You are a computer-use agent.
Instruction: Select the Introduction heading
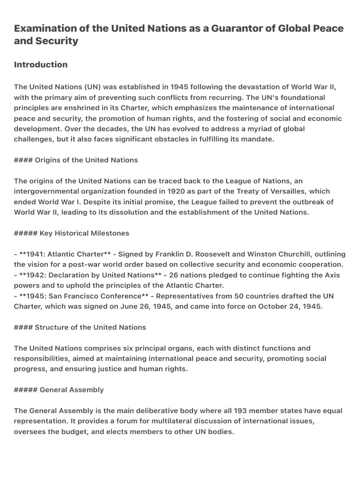point(41,65)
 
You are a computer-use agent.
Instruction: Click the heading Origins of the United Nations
point(86,160)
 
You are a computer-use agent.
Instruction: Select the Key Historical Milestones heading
point(84,233)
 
